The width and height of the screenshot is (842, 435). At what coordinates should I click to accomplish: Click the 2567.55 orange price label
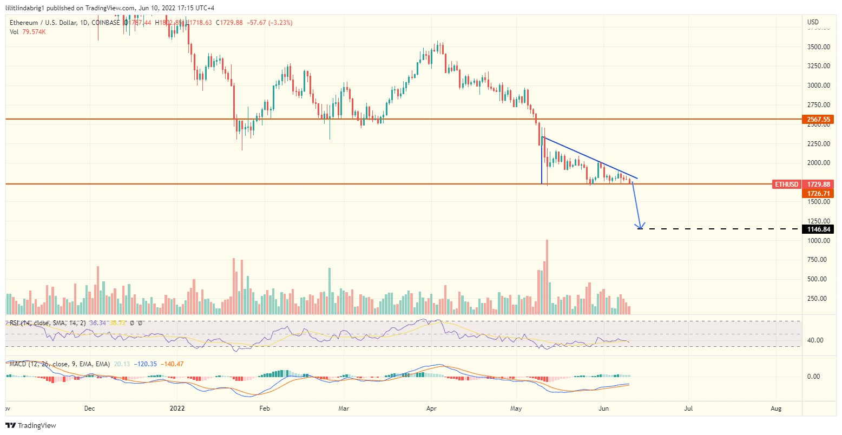[818, 119]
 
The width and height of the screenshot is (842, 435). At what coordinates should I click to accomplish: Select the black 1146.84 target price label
[818, 229]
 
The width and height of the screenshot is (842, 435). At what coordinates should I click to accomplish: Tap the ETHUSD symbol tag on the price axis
[786, 184]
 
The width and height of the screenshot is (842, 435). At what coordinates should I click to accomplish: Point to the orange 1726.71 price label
[818, 193]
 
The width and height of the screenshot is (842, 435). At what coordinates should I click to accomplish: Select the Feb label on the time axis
[264, 408]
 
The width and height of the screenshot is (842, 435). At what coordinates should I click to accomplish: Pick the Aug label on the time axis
[775, 408]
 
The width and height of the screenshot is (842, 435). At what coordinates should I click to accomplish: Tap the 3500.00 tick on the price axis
[819, 47]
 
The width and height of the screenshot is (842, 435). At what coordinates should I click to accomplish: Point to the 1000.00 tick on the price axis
[819, 241]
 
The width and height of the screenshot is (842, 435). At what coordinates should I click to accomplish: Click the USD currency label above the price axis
[813, 22]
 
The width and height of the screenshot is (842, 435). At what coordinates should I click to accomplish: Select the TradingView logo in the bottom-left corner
[30, 426]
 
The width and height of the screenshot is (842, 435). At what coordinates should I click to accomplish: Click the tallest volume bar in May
[547, 276]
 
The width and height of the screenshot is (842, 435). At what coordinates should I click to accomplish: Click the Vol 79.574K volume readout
[28, 32]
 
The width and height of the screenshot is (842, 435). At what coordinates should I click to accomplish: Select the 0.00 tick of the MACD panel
[815, 377]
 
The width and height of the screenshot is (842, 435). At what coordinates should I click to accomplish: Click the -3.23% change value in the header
[281, 23]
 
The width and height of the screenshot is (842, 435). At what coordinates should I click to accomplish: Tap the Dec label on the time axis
[90, 408]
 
